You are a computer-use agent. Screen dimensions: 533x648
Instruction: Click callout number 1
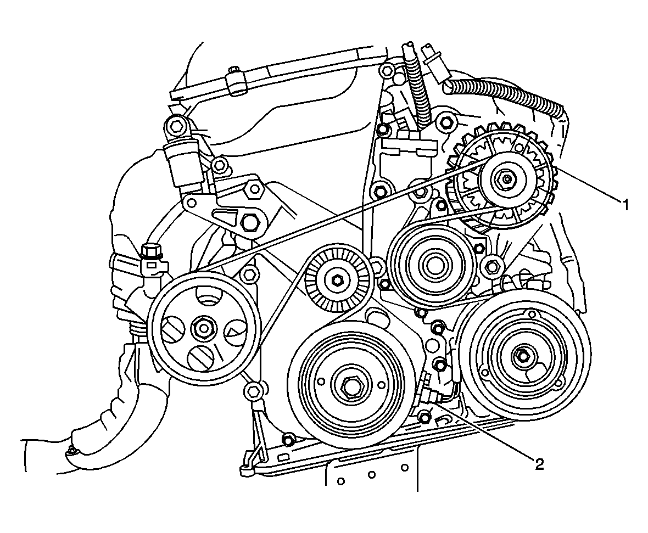coord(624,204)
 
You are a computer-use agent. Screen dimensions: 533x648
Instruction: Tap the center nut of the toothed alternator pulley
coord(505,178)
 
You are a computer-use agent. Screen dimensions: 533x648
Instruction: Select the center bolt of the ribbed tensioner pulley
coord(336,280)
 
